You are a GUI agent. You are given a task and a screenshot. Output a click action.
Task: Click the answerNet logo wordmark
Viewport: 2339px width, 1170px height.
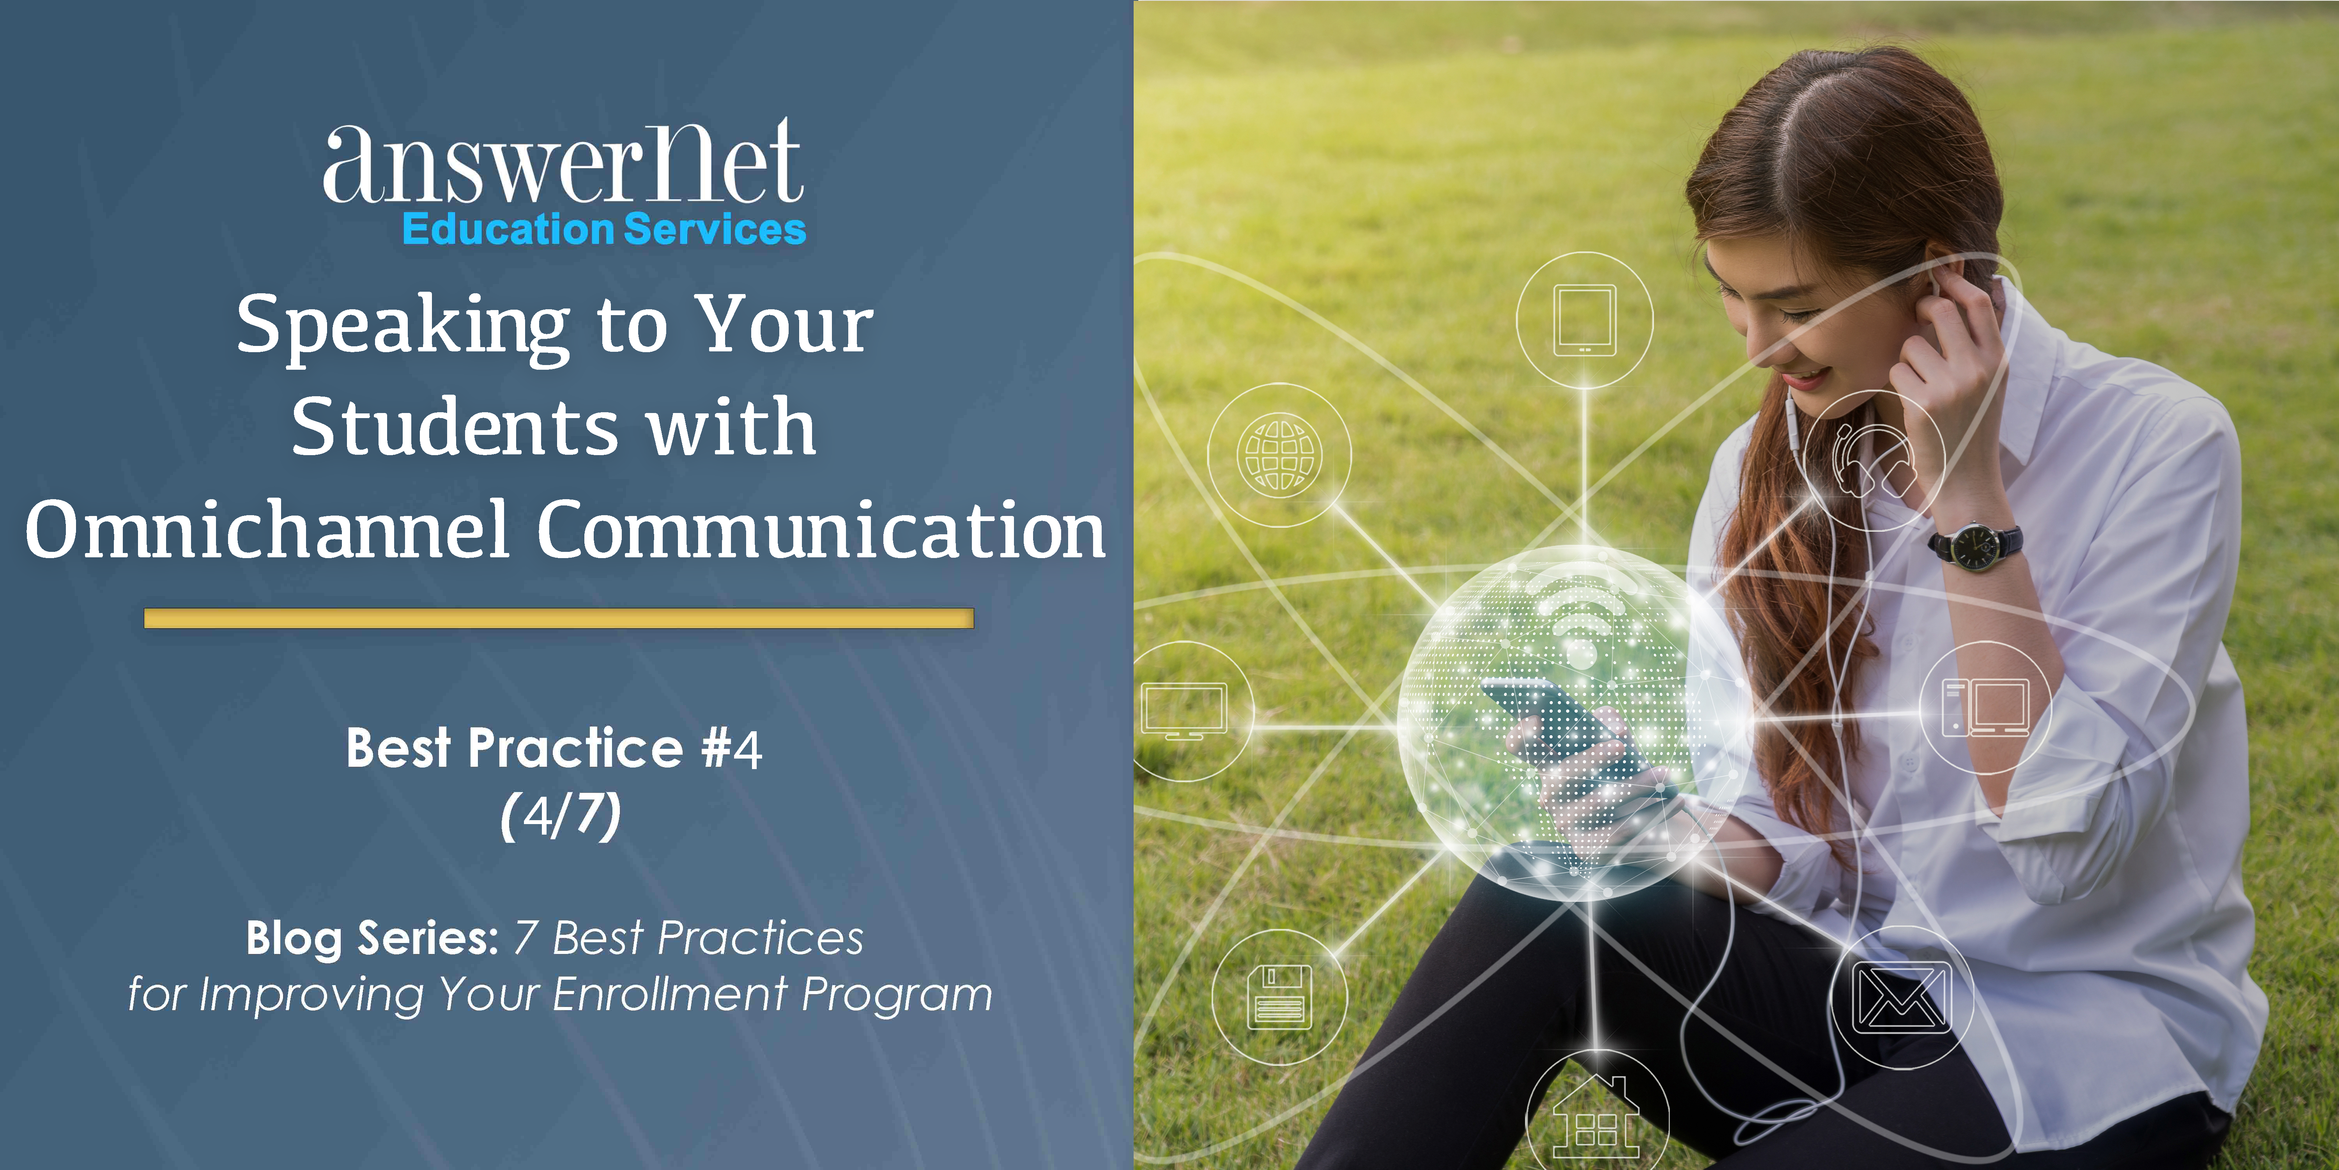coord(563,163)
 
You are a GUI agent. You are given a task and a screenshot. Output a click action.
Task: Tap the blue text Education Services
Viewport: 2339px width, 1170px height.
coord(604,229)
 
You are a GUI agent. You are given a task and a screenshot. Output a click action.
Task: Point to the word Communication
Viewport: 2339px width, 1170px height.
coord(822,530)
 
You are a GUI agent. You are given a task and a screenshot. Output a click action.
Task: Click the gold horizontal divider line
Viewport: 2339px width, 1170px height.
coord(558,619)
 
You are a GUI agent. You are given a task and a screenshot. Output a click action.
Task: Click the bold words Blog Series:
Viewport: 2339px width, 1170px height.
coord(372,938)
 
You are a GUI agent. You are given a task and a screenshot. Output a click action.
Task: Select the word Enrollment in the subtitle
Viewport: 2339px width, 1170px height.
coord(669,994)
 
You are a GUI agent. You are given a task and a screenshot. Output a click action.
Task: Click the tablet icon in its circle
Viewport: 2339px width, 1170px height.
coord(1584,320)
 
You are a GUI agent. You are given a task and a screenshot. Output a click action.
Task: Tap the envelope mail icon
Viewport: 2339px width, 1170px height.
coord(1901,997)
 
